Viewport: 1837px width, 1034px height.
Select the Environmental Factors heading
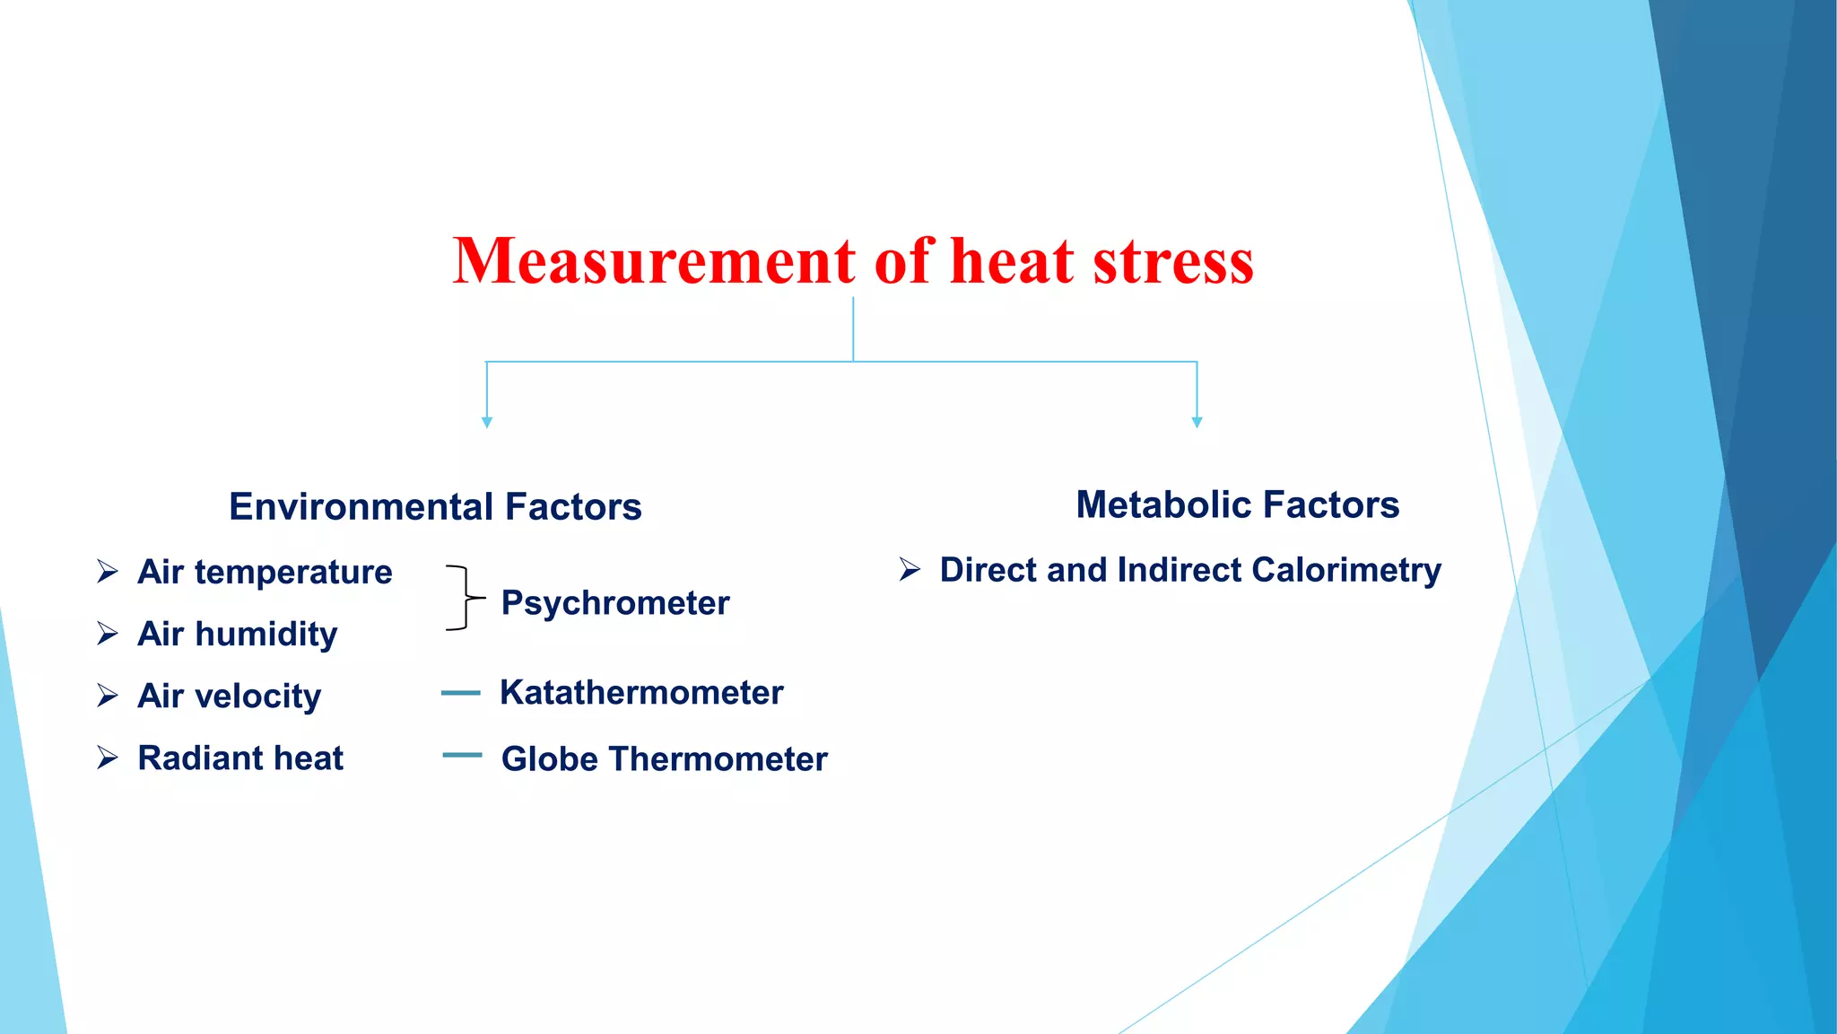point(435,507)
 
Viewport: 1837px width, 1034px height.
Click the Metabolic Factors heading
point(1237,504)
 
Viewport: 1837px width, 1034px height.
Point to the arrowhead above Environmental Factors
point(487,422)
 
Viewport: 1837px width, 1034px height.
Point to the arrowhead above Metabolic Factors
point(1197,422)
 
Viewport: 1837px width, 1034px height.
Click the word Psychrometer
point(615,603)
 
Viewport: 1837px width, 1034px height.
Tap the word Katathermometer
point(641,693)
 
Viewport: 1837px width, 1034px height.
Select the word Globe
point(549,759)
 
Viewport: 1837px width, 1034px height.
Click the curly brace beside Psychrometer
point(464,598)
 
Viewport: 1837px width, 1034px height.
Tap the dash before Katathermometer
point(461,693)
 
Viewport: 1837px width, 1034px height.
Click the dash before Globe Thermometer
point(462,756)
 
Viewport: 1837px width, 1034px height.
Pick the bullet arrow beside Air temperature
point(108,572)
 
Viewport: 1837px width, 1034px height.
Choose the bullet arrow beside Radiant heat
point(108,758)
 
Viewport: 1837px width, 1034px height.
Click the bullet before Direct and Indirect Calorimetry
point(910,570)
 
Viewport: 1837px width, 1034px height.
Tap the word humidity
point(266,635)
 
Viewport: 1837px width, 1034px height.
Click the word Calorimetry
point(1346,571)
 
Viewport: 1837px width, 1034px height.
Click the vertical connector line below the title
point(853,329)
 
